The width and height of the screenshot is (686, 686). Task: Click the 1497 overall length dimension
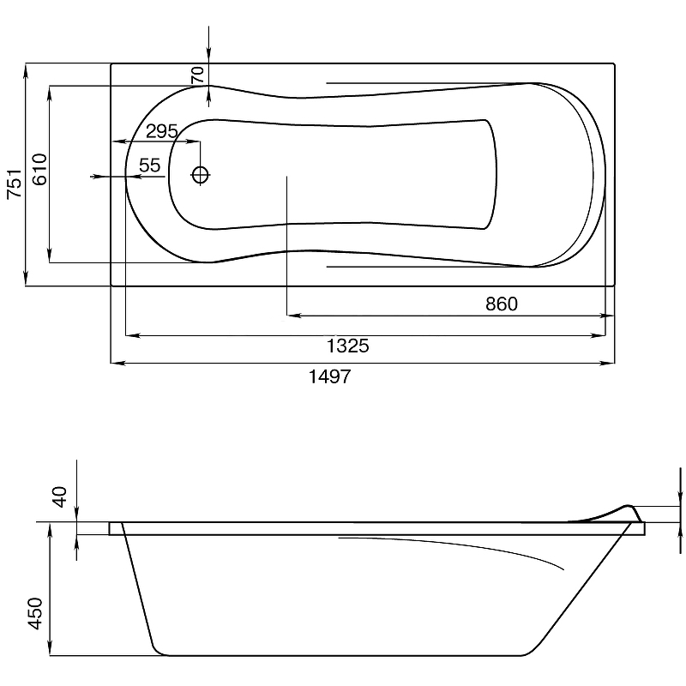[330, 376]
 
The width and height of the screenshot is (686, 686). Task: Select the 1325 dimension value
[348, 346]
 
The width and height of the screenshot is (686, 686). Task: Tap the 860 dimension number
[502, 304]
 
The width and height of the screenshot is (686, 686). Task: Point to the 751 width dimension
[15, 184]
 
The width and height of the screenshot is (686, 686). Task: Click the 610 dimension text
[39, 169]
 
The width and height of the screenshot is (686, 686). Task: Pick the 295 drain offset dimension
[162, 131]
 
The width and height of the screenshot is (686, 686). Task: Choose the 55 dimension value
[150, 165]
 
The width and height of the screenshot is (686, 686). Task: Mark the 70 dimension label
[198, 75]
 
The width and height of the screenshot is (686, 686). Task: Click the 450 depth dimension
[35, 613]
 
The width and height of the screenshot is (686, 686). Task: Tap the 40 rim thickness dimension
[60, 496]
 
